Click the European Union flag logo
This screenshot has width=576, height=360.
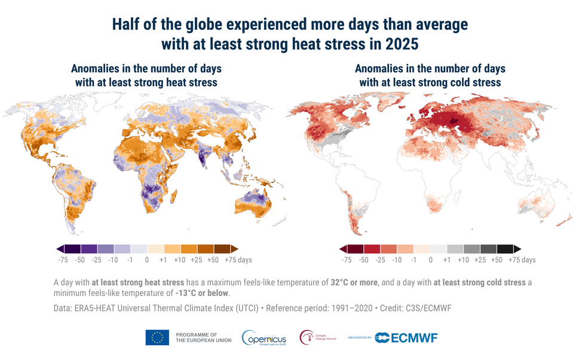(157, 338)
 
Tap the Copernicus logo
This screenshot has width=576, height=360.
(264, 339)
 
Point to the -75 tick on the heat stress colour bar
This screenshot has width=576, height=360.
(62, 260)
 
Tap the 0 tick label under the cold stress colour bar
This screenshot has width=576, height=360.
(430, 260)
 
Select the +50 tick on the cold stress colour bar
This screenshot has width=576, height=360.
(497, 260)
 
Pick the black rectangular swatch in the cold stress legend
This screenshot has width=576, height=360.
(505, 249)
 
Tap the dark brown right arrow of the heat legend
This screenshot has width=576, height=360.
(234, 249)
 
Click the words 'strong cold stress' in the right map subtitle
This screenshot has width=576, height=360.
(456, 82)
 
